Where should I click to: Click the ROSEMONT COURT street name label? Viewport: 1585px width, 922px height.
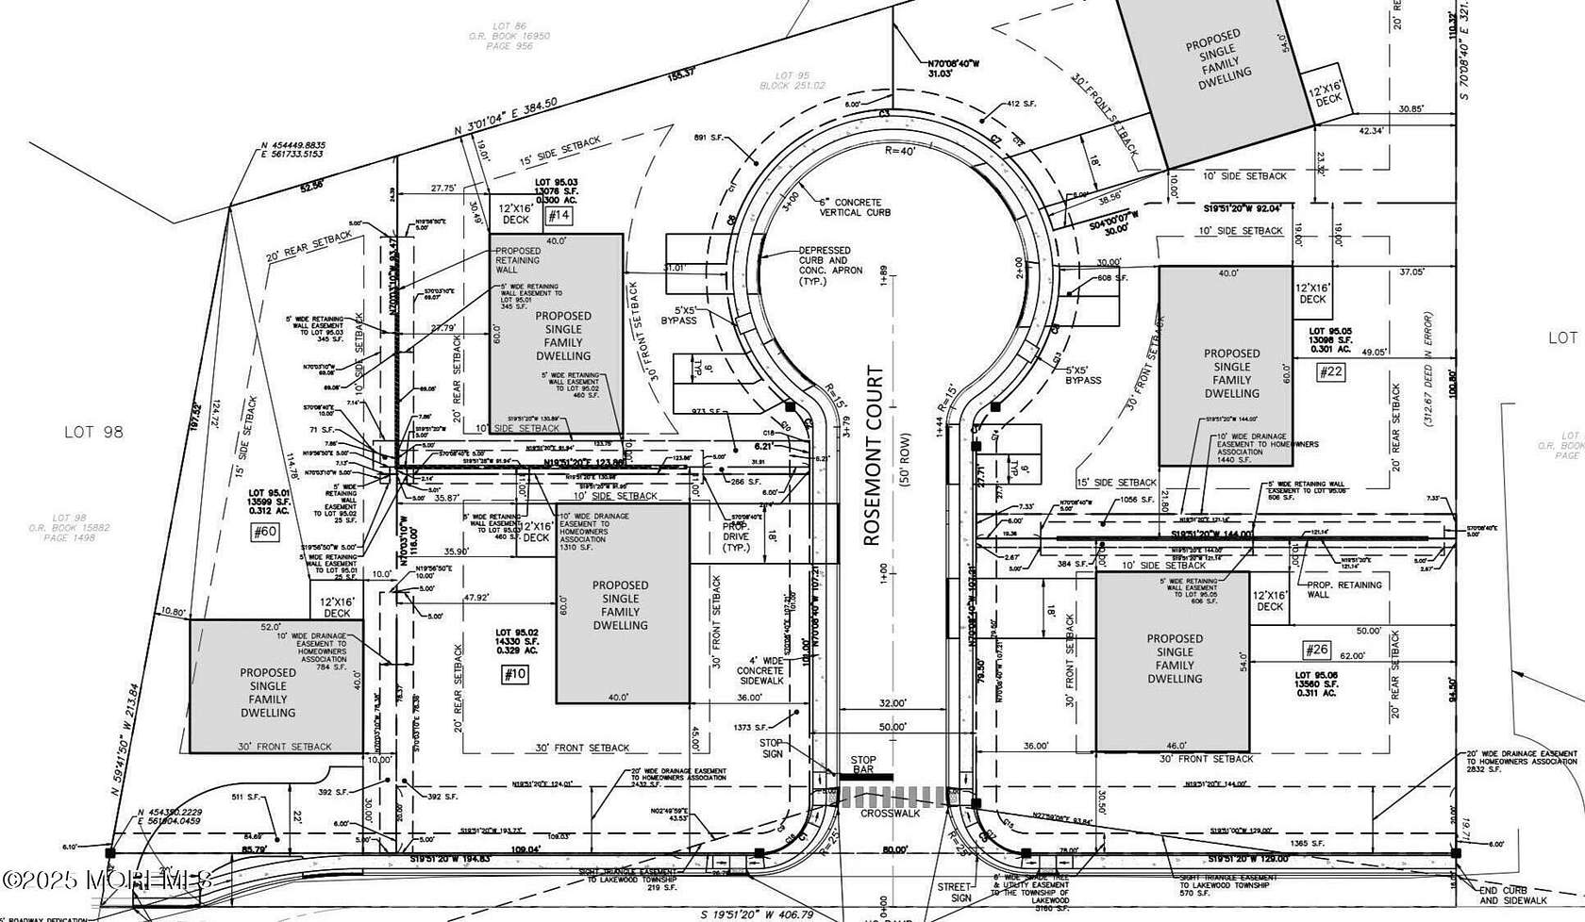(x=876, y=456)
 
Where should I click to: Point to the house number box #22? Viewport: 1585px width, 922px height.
(x=1331, y=371)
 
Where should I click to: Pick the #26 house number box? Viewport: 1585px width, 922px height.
(x=1316, y=650)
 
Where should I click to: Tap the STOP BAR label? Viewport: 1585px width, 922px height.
(x=862, y=766)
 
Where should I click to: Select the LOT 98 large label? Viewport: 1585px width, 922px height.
(x=94, y=432)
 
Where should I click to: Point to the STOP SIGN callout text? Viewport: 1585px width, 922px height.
(x=772, y=748)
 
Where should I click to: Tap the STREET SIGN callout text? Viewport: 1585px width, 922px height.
(x=955, y=892)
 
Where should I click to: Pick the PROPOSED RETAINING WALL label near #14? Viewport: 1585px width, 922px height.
(x=519, y=260)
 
